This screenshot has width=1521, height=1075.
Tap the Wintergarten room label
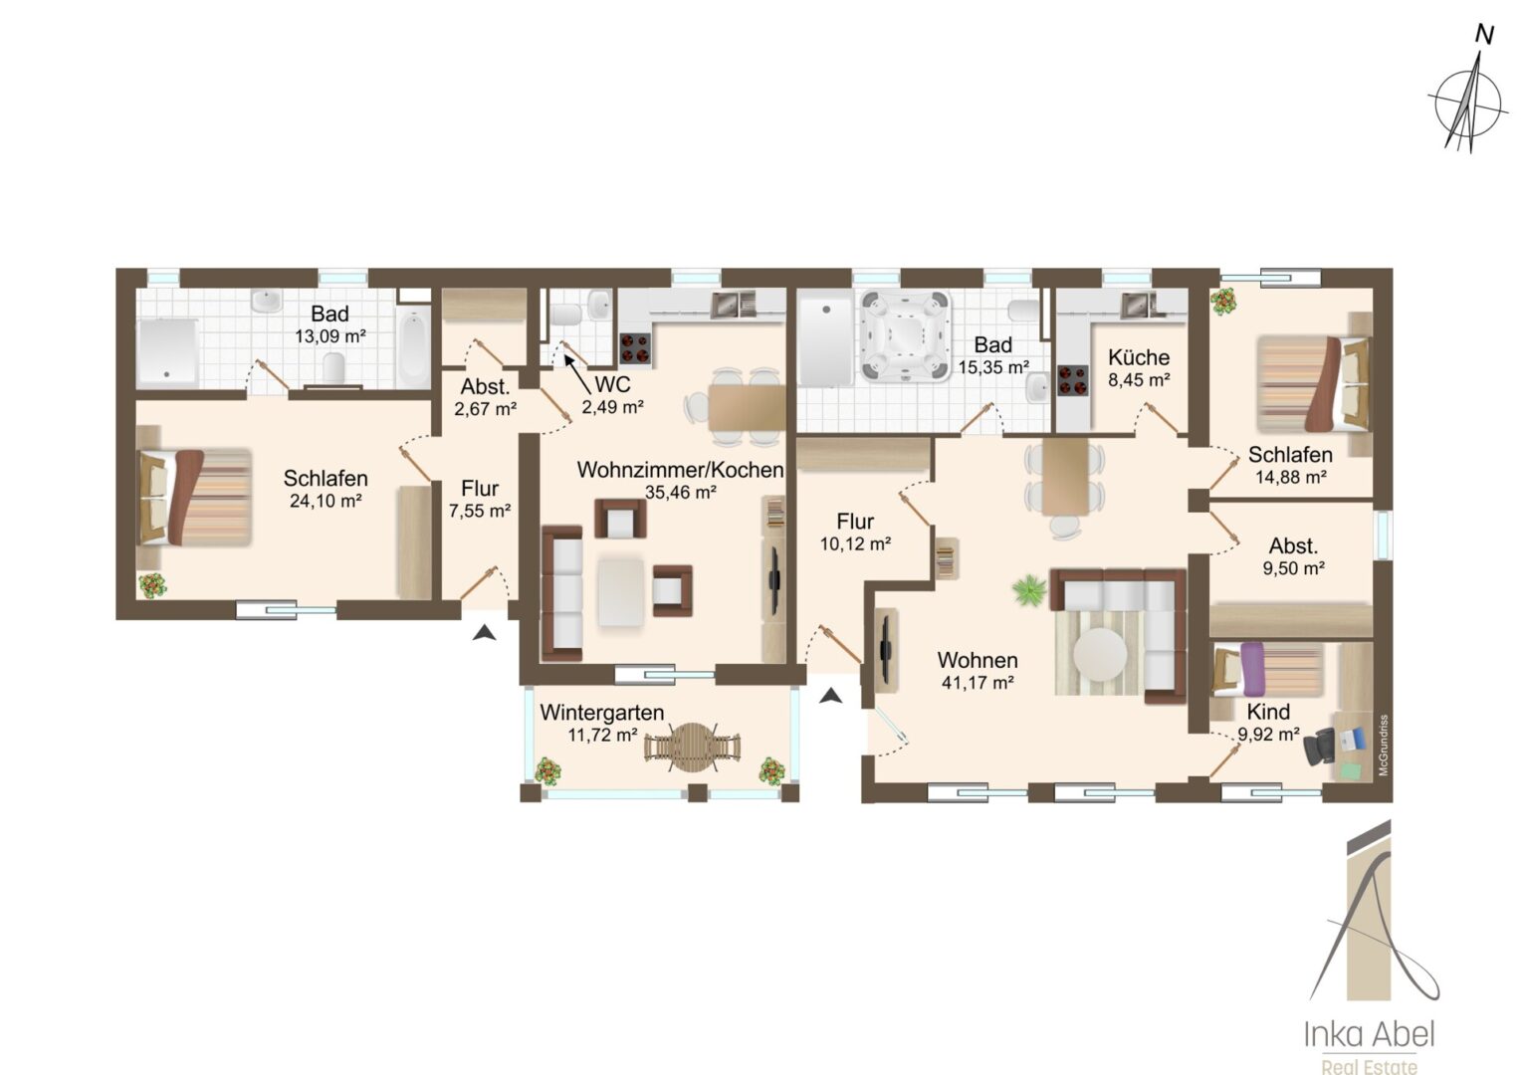click(x=601, y=713)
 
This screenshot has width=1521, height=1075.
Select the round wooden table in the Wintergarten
click(x=692, y=747)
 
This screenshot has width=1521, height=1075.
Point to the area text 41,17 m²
click(x=978, y=683)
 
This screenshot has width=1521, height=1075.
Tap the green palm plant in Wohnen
click(x=1029, y=589)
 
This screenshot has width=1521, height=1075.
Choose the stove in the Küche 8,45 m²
click(x=1073, y=381)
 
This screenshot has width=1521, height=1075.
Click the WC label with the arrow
click(x=612, y=384)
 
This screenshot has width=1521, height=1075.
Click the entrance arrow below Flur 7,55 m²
click(x=484, y=633)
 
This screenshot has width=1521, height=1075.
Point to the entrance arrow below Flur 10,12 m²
click(x=830, y=696)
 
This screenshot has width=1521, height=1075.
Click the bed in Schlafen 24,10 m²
click(x=195, y=498)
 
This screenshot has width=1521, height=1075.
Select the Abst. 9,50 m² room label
click(x=1293, y=556)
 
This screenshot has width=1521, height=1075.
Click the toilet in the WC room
click(x=565, y=315)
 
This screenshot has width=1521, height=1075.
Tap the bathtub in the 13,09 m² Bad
click(x=413, y=346)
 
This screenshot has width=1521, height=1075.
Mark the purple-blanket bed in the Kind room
click(x=1268, y=670)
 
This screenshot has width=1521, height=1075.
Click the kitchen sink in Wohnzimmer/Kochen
click(x=733, y=305)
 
